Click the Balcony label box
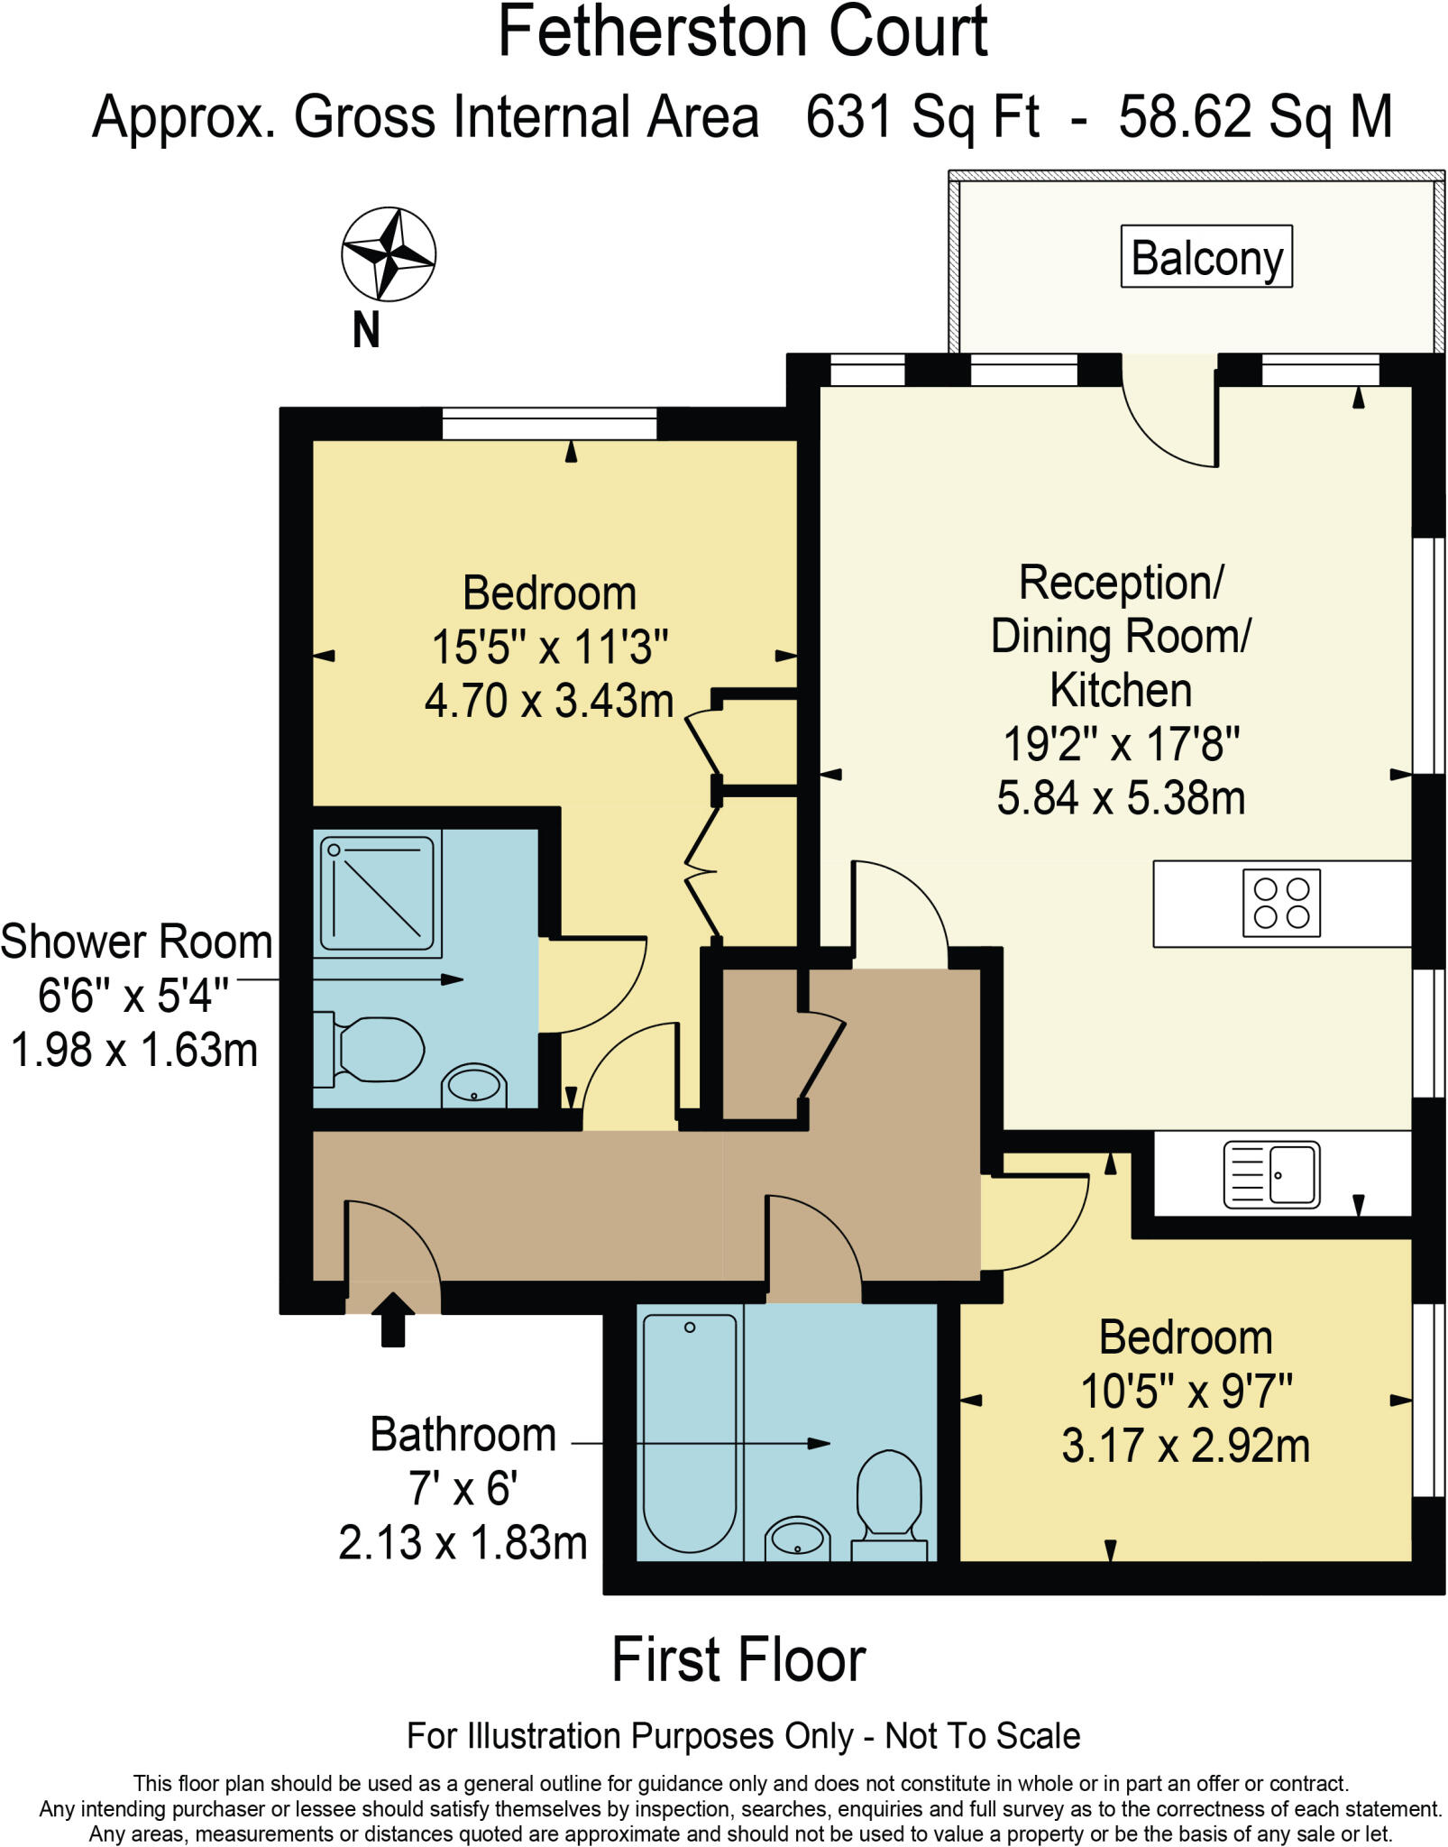[1206, 257]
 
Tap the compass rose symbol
[389, 254]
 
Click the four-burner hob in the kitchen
[1281, 903]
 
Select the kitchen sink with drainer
[1271, 1174]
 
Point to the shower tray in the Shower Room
[378, 893]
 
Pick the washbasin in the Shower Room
[474, 1085]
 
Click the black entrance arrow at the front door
[393, 1319]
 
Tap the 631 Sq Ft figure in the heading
[922, 118]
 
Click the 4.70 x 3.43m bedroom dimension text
[549, 701]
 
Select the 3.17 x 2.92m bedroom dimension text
[1186, 1446]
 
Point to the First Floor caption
[738, 1659]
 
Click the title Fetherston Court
[743, 32]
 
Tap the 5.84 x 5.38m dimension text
[1121, 798]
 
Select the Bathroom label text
[463, 1435]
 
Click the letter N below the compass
[366, 330]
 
